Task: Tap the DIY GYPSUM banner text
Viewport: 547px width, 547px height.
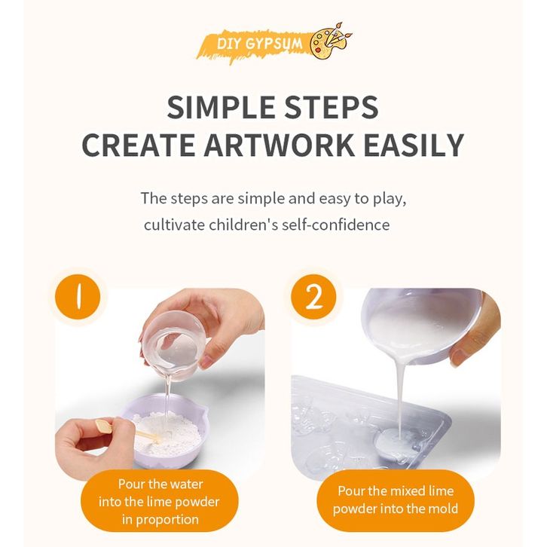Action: pos(259,44)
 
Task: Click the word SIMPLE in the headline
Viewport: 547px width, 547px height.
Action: pos(221,107)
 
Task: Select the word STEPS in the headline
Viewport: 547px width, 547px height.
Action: pos(331,107)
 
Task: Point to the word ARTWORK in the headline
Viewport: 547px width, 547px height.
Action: pos(280,145)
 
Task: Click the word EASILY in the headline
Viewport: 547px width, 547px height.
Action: pos(414,145)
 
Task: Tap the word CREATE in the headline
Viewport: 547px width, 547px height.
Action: pos(138,145)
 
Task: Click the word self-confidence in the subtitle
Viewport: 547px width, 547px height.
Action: pos(335,225)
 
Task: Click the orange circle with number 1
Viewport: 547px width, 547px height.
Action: pos(78,297)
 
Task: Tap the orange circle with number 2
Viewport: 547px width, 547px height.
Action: pos(314,297)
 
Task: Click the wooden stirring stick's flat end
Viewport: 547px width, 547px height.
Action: pos(104,426)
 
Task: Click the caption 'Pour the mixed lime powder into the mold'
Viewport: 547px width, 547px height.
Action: pos(396,500)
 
